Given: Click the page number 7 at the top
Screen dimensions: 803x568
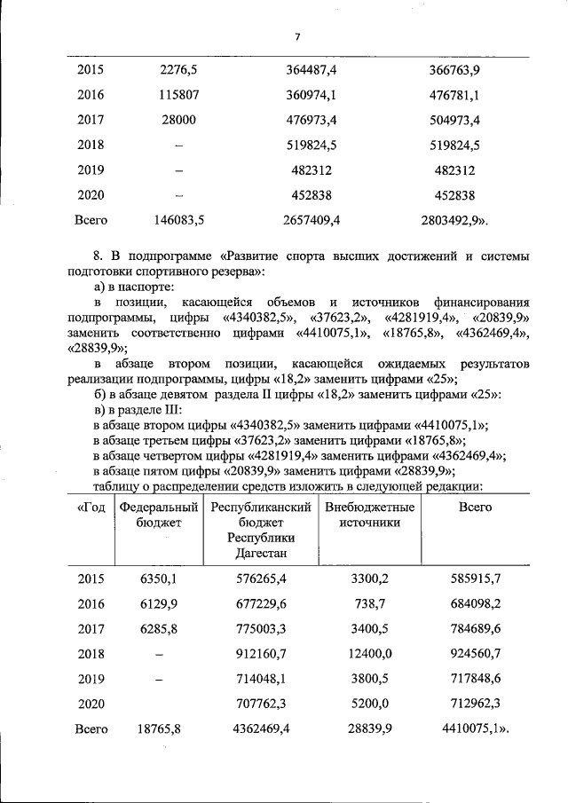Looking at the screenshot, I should tap(297, 36).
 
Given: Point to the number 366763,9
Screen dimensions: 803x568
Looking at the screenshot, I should tap(452, 69).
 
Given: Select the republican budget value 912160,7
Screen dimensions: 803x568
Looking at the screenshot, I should tap(260, 653).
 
